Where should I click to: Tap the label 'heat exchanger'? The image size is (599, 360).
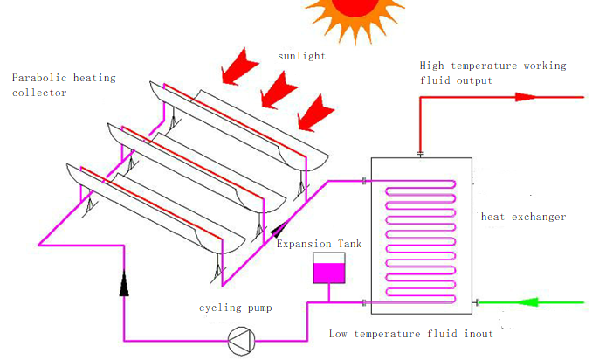pos(524,217)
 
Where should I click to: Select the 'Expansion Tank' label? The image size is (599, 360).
pos(319,244)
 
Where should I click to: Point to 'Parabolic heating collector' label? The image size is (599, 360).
pos(63,85)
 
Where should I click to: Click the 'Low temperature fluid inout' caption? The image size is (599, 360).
pos(411,334)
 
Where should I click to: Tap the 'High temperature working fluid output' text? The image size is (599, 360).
pos(492,73)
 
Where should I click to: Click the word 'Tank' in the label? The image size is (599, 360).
pos(348,244)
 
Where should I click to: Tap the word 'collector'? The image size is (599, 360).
pos(39,93)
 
